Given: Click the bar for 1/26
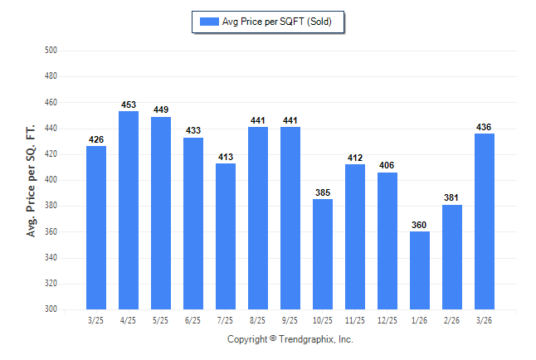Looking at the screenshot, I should pos(420,270).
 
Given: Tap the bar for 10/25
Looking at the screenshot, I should pos(323,254).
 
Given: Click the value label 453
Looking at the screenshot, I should pos(129,105).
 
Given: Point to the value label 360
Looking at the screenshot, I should pos(420,226).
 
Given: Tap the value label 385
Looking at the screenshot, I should pos(323,193).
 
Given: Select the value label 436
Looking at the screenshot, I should pos(485,127).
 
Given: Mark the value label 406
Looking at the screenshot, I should pos(387,166).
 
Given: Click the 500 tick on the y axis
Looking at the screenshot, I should pos(50,51).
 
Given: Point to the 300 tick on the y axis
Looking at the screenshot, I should pos(50,309).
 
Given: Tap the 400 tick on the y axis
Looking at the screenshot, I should pos(50,180).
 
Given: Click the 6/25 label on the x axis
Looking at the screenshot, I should pos(193,319).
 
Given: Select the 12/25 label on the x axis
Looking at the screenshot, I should pos(387,319).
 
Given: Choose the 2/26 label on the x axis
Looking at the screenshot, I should pos(452,319).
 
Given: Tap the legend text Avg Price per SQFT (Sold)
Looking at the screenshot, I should pos(276,22).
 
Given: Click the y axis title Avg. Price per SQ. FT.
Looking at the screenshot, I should pos(31,181).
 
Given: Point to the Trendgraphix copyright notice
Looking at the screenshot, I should pos(290,339).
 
